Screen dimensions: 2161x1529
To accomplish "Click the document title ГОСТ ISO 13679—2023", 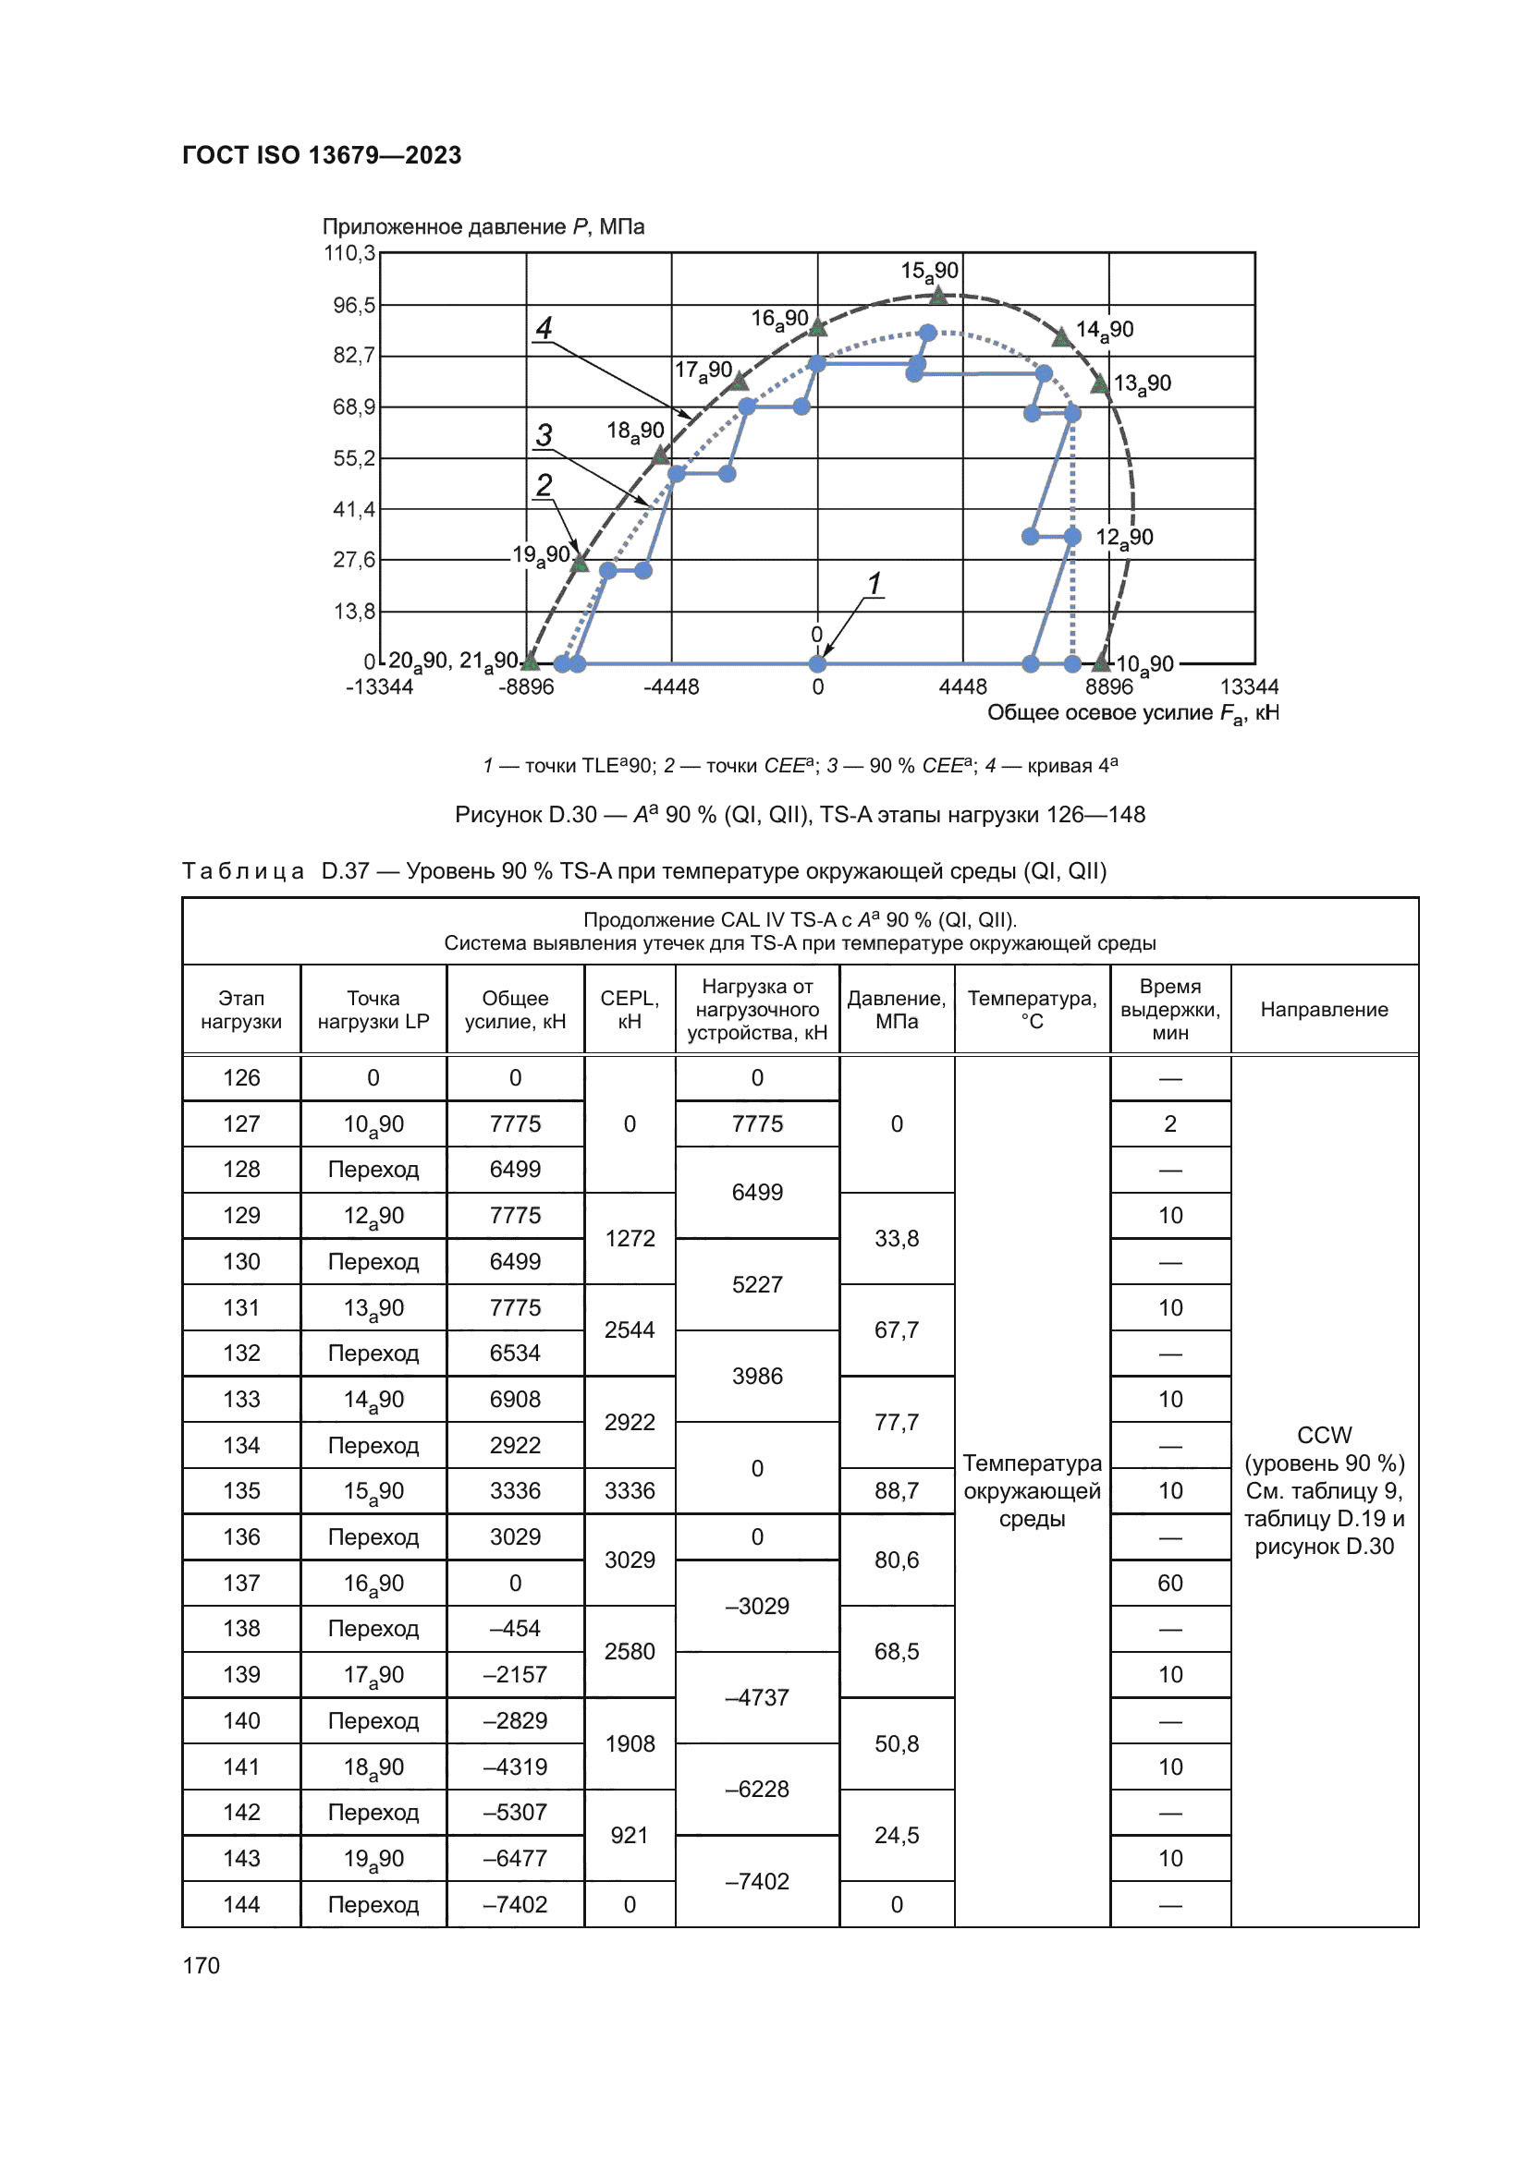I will (321, 155).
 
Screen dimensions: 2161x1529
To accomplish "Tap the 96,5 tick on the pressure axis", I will (353, 305).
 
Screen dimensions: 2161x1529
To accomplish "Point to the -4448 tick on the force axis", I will (670, 687).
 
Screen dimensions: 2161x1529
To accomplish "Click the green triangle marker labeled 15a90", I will (938, 296).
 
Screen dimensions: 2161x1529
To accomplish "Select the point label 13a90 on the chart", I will (1142, 384).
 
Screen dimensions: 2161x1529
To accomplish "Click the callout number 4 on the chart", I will (544, 328).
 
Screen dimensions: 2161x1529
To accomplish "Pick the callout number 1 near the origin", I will (875, 584).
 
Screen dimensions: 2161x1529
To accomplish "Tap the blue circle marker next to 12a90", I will (1072, 537).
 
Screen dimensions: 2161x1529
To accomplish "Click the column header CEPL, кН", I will (629, 1009).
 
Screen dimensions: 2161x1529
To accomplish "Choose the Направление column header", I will (1323, 1009).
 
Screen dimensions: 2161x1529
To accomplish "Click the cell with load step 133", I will (241, 1399).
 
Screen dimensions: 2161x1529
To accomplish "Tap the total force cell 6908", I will (515, 1399).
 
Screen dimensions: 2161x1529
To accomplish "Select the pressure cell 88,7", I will (896, 1491).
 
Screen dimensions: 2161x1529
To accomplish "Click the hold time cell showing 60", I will (1169, 1584).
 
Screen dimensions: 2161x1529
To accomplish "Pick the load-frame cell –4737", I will (756, 1697).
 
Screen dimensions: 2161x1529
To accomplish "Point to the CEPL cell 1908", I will (629, 1743).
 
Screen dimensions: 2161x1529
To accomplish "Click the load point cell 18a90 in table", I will (373, 1766).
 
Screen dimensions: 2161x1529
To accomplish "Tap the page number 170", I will (201, 1965).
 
